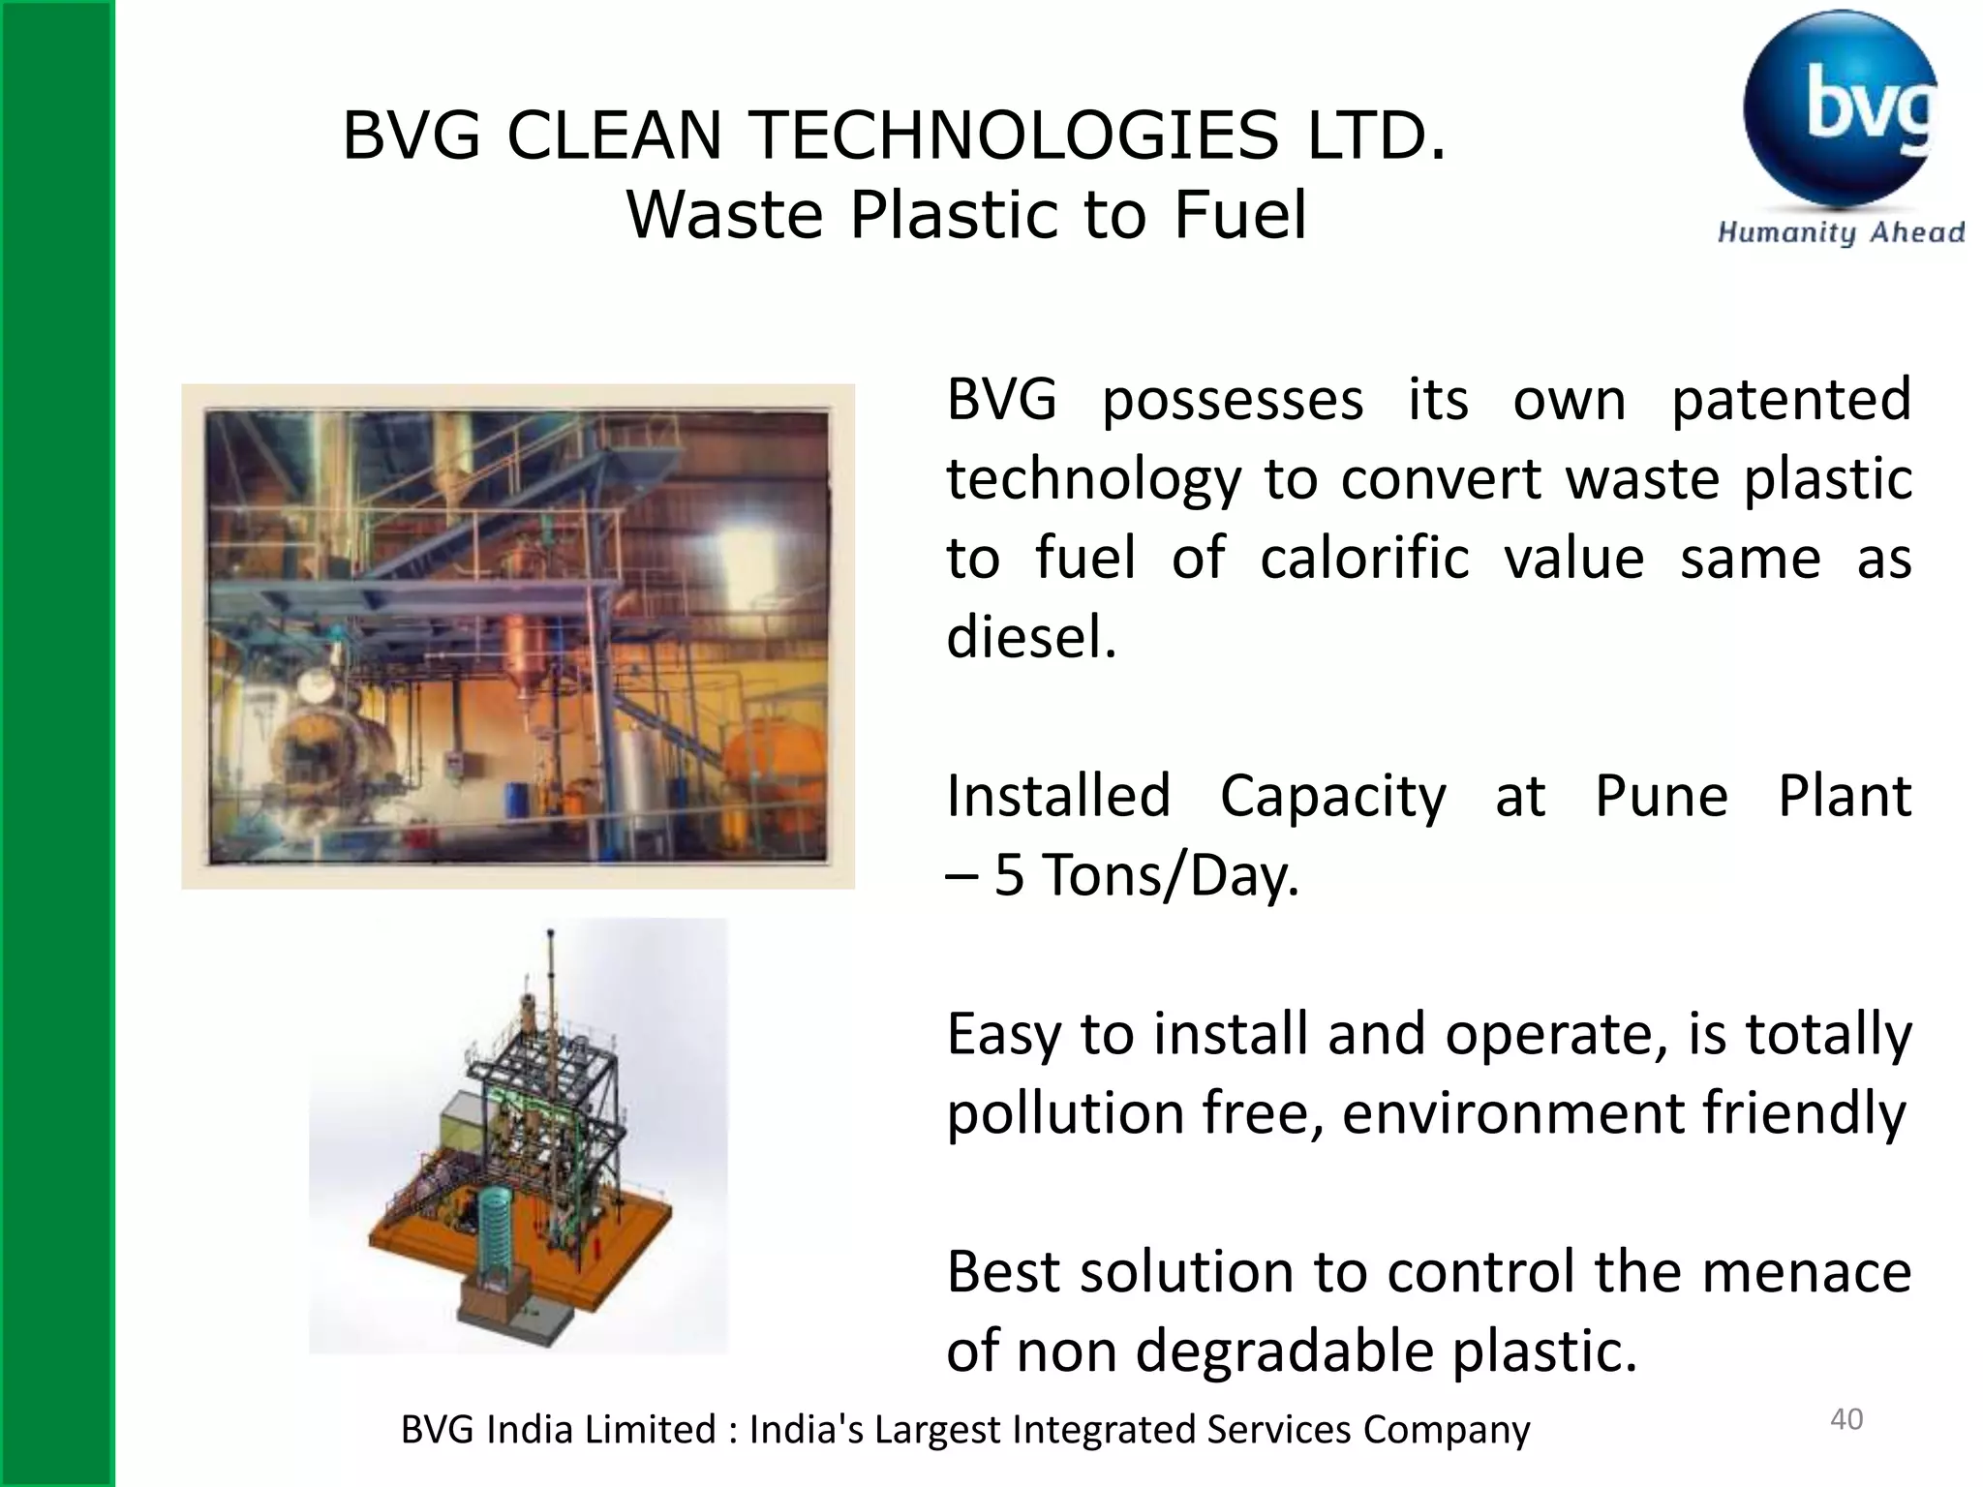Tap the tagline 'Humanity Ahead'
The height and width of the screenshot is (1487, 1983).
(x=1840, y=232)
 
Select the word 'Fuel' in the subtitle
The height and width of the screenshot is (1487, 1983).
(x=1240, y=215)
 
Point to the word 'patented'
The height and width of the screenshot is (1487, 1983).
(x=1790, y=399)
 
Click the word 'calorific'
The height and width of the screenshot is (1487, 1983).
(x=1364, y=558)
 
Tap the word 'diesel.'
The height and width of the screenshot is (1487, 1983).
(x=1031, y=637)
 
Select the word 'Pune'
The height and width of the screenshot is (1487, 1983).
(x=1661, y=796)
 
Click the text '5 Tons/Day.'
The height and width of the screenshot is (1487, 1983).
(x=1146, y=875)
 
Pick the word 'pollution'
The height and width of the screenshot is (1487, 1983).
(x=1065, y=1113)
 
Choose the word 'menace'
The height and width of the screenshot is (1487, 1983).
(x=1806, y=1272)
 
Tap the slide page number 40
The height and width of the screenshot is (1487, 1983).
(x=1846, y=1419)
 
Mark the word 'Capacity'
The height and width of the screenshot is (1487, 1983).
(x=1332, y=796)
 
